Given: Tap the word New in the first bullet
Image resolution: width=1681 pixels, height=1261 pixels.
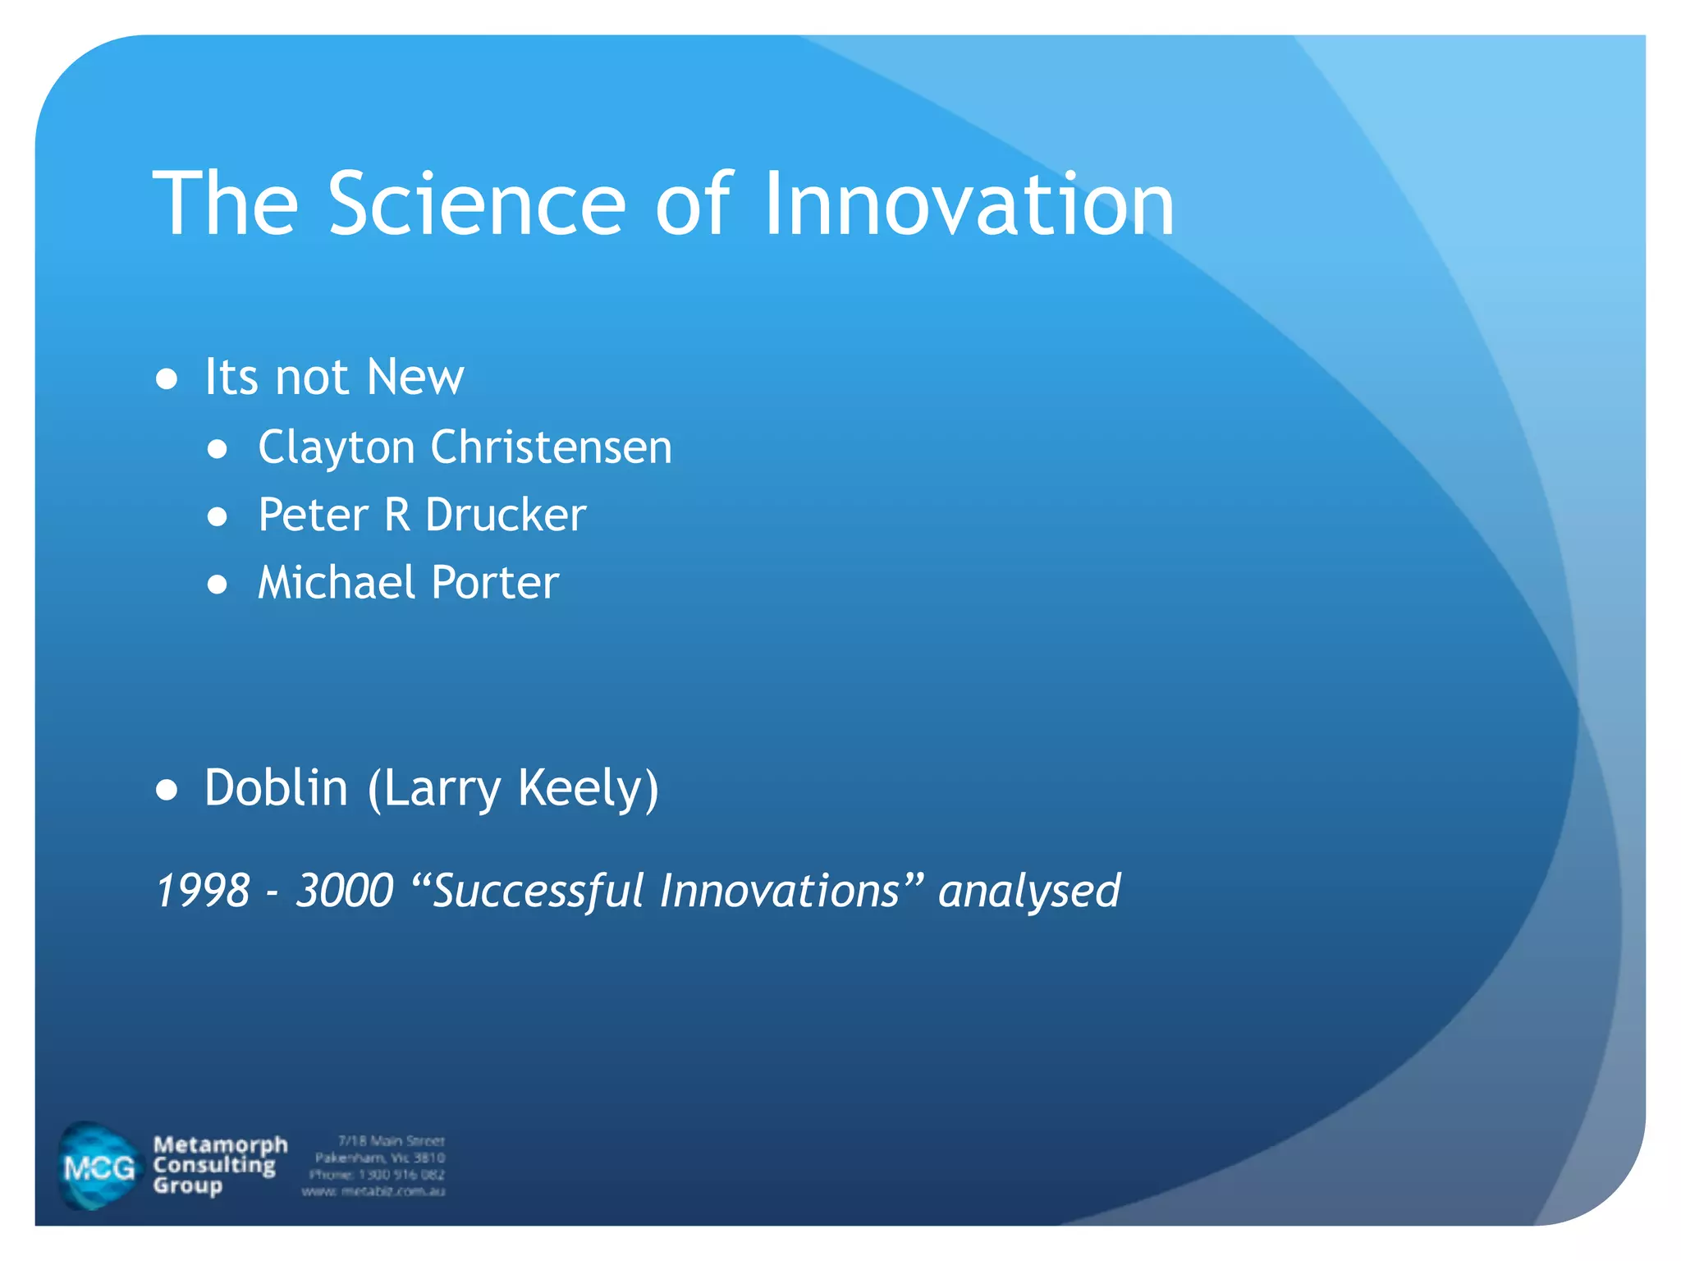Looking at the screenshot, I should tap(415, 378).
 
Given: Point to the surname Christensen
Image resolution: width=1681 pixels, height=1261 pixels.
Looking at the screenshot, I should tap(551, 448).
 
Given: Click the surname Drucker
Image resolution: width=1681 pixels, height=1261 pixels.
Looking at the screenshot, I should tap(506, 516).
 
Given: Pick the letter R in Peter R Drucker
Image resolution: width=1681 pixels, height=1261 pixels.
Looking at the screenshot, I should tap(397, 516).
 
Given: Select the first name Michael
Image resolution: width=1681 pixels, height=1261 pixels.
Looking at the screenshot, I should tap(337, 583).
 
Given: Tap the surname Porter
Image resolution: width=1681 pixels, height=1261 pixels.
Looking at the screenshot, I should tap(495, 583).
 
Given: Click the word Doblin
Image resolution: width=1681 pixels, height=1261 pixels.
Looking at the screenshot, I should tap(277, 788).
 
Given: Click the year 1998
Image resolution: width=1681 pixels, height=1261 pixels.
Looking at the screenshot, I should tap(203, 891).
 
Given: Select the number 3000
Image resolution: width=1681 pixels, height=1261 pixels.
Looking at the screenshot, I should tap(345, 891).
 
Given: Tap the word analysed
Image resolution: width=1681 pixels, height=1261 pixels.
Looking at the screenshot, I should tap(1029, 891).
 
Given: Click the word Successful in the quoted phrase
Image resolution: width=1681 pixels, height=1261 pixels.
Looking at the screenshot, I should tap(538, 891).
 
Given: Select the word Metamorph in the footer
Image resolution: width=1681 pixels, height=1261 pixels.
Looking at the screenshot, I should tap(220, 1144).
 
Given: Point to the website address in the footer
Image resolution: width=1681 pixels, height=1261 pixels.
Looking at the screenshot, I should tap(373, 1191).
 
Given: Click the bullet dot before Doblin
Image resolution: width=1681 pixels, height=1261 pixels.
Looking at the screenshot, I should tap(167, 790).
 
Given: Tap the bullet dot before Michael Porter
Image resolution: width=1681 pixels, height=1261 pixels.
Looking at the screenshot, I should tap(218, 585).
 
